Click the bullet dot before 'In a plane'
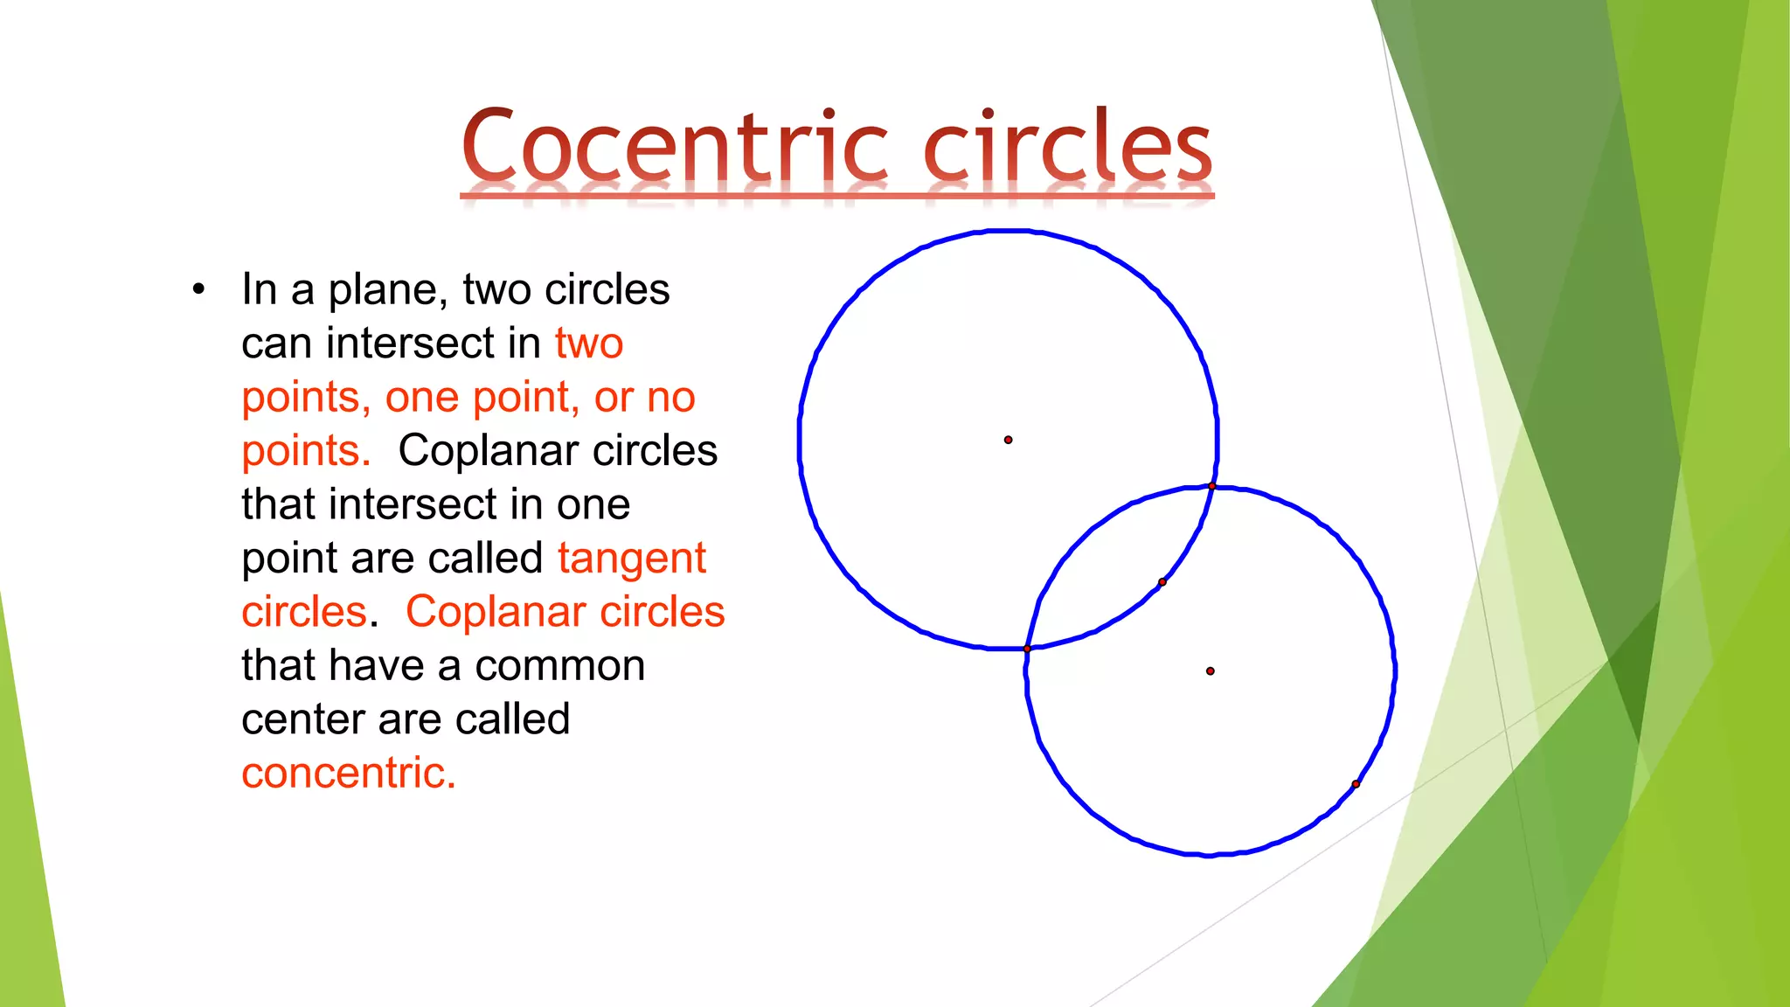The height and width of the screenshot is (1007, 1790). click(x=199, y=289)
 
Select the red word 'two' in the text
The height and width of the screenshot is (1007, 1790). click(x=588, y=344)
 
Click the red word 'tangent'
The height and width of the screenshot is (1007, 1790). click(x=631, y=559)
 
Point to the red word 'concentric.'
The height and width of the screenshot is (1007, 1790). click(x=349, y=774)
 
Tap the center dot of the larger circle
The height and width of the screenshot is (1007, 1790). click(x=1008, y=440)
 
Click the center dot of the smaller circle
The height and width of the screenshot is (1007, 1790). click(x=1210, y=671)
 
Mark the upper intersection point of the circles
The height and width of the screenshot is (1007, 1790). click(x=1211, y=486)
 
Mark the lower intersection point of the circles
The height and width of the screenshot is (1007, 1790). click(x=1027, y=649)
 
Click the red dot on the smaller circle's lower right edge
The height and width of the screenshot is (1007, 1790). click(x=1356, y=784)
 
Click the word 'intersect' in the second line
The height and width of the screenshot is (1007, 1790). click(x=433, y=344)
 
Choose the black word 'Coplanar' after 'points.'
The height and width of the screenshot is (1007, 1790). click(x=489, y=451)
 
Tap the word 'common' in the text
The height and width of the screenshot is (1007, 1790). click(x=559, y=666)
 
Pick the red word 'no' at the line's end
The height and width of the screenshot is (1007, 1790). click(x=670, y=398)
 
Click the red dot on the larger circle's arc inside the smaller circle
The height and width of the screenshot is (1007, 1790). click(x=1162, y=582)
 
